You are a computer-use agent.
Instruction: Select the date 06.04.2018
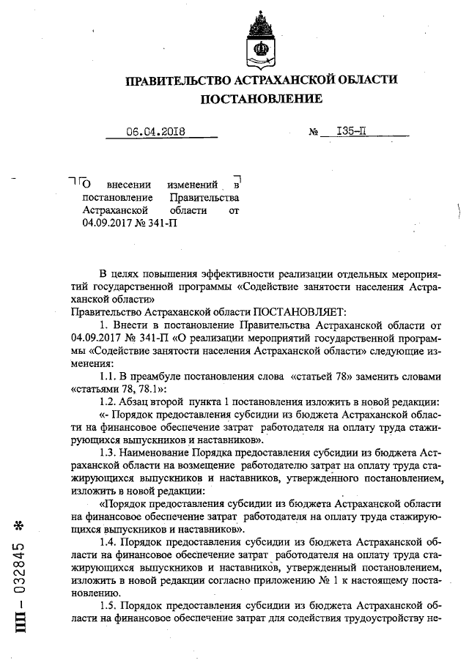tap(155, 132)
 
